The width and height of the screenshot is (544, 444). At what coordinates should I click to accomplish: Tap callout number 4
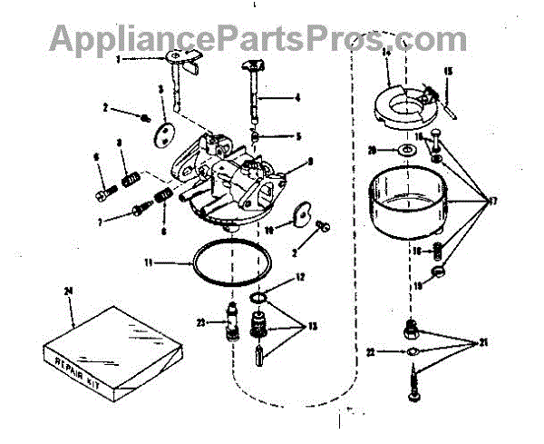[x=297, y=97]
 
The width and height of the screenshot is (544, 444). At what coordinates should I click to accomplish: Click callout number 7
[x=104, y=221]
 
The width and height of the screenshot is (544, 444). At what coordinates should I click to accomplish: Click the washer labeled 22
[x=411, y=350]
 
